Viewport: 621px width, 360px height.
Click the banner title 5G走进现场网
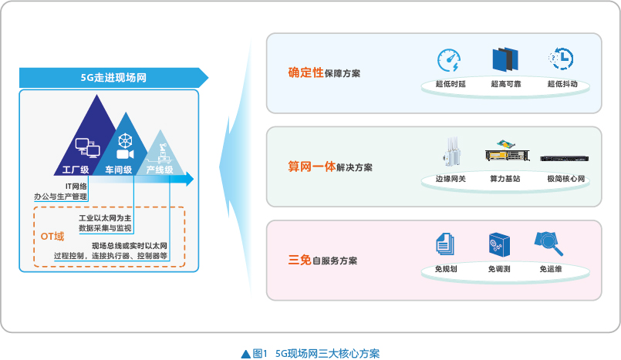click(x=113, y=78)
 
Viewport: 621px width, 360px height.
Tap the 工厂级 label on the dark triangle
click(x=76, y=170)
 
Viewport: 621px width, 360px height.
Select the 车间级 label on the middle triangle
click(x=119, y=170)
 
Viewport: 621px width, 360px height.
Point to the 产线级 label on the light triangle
click(x=160, y=170)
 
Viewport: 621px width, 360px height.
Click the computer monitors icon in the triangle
click(x=87, y=148)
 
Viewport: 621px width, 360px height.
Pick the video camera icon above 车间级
click(x=125, y=154)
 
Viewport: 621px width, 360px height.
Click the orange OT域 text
click(x=52, y=237)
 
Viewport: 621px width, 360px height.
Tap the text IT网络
click(x=76, y=187)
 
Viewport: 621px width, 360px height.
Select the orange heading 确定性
click(x=305, y=72)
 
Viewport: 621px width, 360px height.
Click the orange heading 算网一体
click(x=312, y=167)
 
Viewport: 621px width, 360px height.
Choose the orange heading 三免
click(x=300, y=260)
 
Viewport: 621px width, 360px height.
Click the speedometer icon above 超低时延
click(x=449, y=60)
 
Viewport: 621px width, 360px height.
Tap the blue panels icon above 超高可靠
click(x=505, y=59)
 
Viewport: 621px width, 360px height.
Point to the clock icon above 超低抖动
click(x=561, y=59)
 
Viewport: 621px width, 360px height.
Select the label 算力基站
click(x=505, y=179)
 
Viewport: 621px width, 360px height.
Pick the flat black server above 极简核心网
click(x=565, y=159)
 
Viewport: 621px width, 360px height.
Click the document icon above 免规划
click(x=445, y=244)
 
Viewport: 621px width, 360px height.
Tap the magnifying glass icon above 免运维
click(x=549, y=244)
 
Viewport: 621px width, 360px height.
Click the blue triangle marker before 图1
click(x=246, y=354)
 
